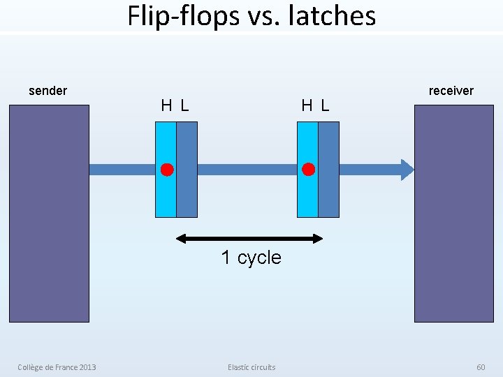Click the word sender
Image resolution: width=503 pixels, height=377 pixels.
[48, 91]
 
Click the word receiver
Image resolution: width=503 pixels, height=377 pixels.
[451, 91]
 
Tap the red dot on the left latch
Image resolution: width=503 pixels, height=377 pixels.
[167, 170]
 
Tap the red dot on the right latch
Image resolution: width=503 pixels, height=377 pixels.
[308, 170]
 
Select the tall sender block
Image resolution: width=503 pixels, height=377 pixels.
[49, 213]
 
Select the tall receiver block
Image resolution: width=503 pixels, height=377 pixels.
[453, 213]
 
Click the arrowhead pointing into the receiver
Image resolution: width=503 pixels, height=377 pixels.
[407, 170]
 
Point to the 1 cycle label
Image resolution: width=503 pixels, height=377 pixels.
[251, 258]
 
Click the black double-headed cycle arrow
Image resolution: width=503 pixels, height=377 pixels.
[249, 239]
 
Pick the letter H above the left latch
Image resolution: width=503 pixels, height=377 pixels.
[167, 106]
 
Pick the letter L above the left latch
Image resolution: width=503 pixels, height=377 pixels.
[184, 106]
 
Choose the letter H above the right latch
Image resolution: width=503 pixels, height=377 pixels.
[307, 106]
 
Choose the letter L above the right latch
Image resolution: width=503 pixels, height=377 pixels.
[325, 106]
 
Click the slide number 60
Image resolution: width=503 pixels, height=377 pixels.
[481, 367]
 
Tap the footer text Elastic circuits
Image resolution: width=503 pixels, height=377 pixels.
[251, 367]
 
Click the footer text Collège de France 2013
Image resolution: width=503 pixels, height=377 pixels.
[57, 367]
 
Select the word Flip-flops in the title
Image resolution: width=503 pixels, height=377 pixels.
[183, 15]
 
